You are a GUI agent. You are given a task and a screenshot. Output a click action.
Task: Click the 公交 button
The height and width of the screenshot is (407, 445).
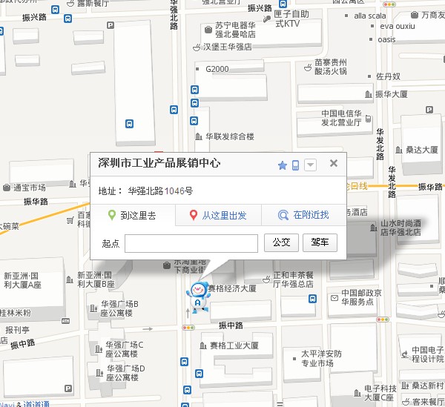click(x=282, y=242)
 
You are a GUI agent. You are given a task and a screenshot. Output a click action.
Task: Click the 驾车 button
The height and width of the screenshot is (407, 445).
click(x=320, y=242)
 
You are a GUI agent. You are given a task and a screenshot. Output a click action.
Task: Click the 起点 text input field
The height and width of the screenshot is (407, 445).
click(x=191, y=243)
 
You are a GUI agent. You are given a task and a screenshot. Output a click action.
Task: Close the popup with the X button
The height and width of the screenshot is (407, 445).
click(x=334, y=164)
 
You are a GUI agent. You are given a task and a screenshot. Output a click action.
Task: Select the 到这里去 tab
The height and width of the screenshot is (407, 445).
click(x=133, y=215)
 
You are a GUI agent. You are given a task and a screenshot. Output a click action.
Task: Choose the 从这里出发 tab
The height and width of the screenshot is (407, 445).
click(x=218, y=215)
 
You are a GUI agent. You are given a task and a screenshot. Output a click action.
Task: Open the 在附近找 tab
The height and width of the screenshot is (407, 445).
click(x=303, y=215)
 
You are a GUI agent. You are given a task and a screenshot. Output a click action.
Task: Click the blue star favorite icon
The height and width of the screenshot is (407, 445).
click(x=282, y=165)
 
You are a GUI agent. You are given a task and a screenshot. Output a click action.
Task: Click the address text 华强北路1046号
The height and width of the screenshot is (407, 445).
click(x=160, y=191)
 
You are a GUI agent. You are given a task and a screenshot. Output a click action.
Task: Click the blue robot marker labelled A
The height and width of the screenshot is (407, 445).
click(x=198, y=296)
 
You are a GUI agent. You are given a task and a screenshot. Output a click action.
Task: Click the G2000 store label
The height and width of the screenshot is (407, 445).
click(x=217, y=70)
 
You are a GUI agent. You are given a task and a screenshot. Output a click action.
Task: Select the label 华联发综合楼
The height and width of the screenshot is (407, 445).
click(x=229, y=136)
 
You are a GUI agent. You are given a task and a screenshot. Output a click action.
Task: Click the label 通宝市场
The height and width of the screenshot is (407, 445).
click(x=27, y=188)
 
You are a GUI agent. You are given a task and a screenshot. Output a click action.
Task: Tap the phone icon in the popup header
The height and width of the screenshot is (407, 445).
click(x=295, y=165)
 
